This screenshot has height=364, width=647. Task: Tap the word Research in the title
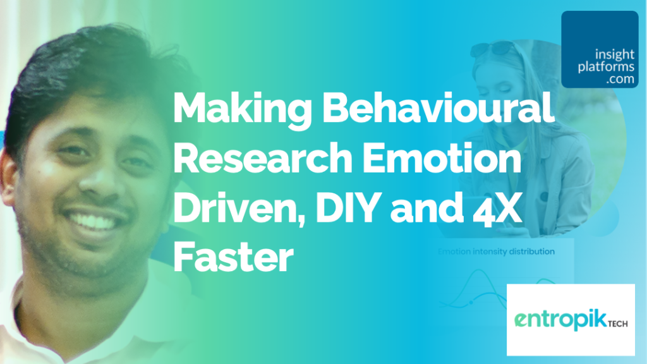(x=263, y=157)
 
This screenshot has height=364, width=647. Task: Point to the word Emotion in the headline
(x=442, y=157)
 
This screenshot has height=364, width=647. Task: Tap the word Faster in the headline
(x=234, y=257)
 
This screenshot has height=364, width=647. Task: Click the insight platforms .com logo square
(x=600, y=49)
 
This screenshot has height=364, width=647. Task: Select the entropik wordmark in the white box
(x=561, y=320)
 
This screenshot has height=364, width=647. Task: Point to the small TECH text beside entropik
(x=618, y=324)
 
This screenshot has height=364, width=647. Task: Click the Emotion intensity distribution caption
(x=496, y=252)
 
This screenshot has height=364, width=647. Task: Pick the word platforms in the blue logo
(x=606, y=67)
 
